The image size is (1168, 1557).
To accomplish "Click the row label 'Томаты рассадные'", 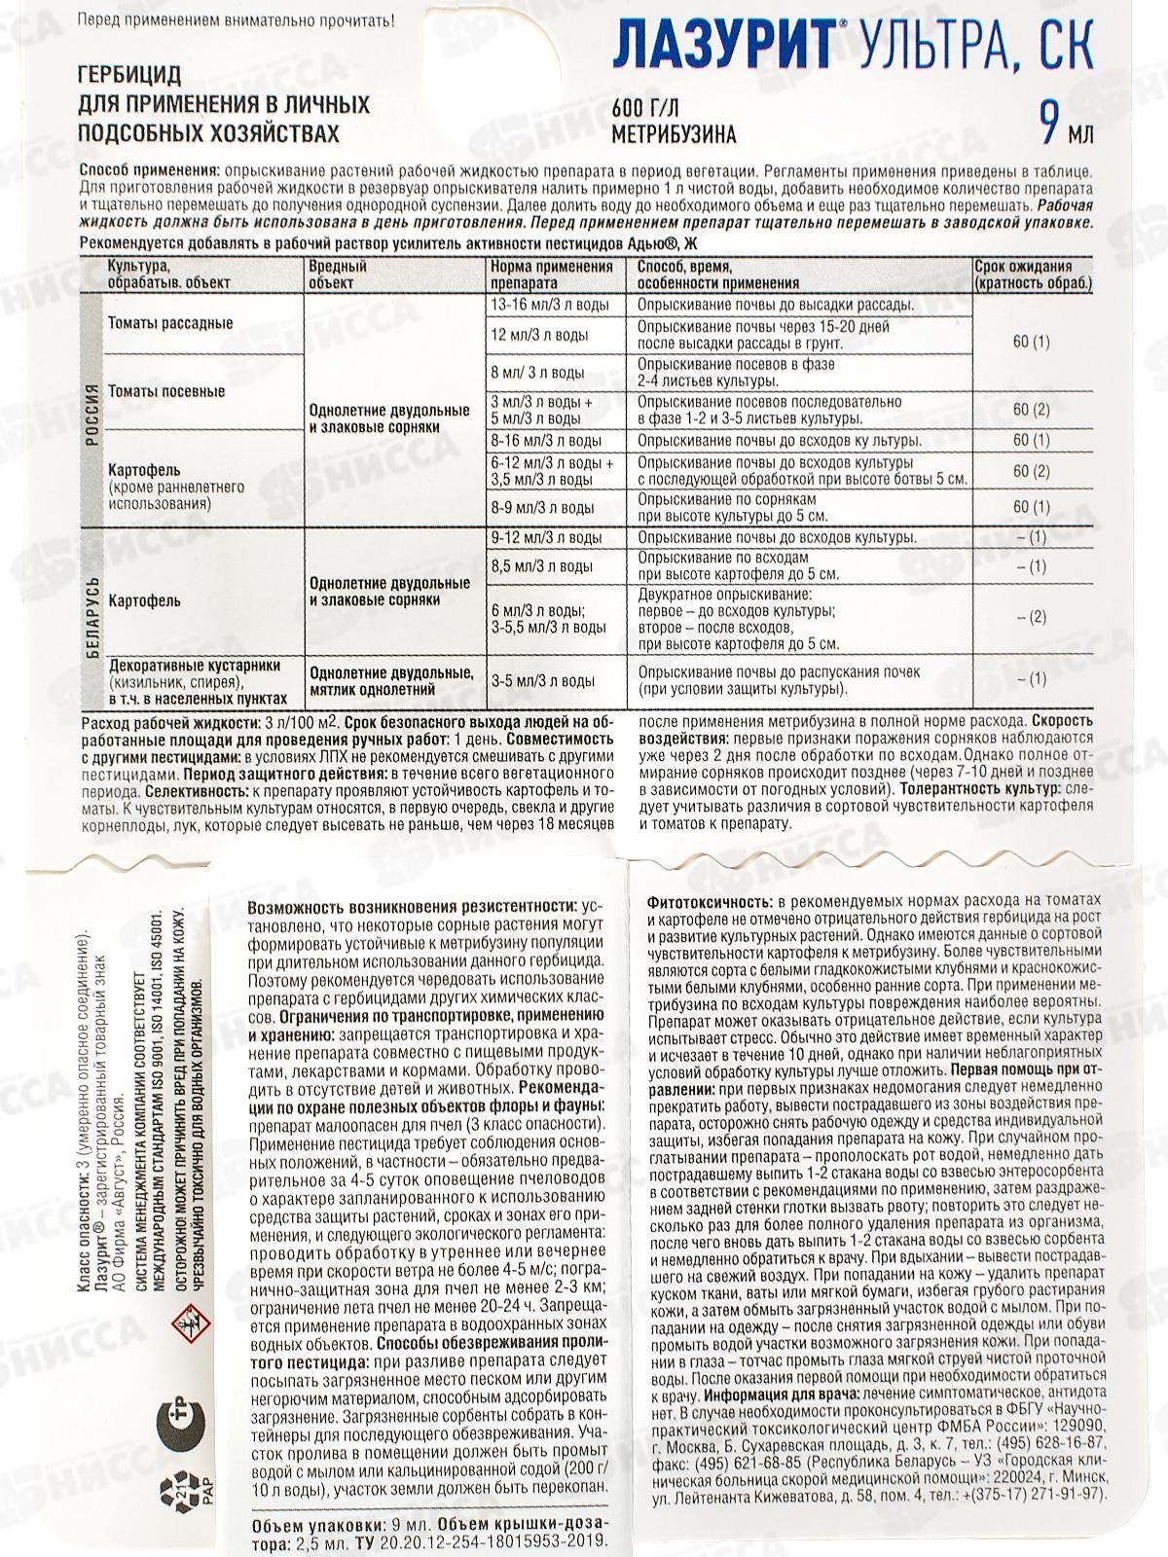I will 170,323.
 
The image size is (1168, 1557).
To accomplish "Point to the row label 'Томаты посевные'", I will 166,391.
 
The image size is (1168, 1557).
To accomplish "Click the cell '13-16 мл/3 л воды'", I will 549,305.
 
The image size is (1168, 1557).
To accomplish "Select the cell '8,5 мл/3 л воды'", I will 542,565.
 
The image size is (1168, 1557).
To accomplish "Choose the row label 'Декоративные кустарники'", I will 195,666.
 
